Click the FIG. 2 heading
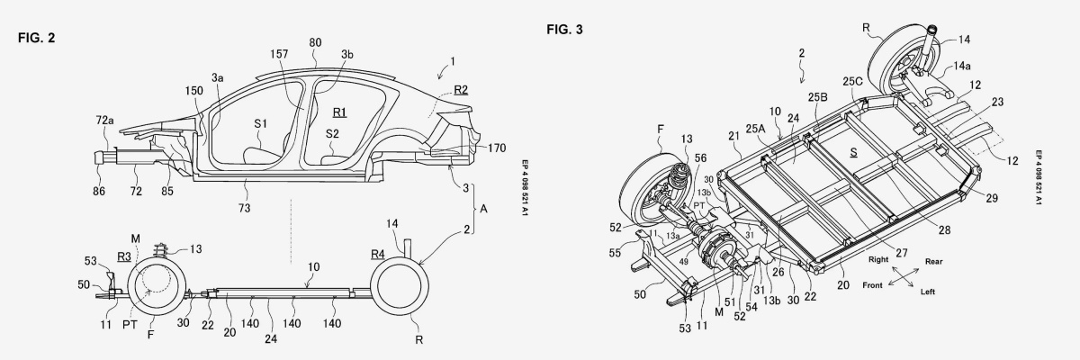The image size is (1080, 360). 37,38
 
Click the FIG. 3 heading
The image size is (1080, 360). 564,30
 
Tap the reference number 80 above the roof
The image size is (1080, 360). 315,43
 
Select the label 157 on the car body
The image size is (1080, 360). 279,54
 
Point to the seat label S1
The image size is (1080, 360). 260,124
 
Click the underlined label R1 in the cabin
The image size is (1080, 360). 340,112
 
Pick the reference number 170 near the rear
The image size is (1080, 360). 497,148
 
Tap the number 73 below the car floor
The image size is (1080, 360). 244,208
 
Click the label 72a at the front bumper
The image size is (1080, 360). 104,121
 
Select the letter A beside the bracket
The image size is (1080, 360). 483,209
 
